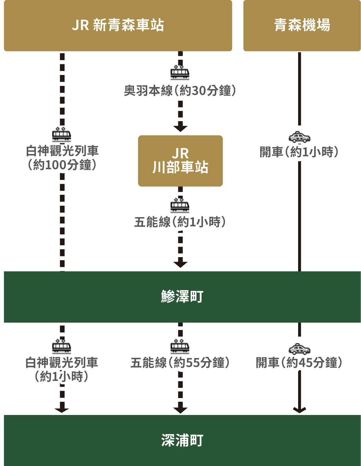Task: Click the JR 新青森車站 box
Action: (118, 26)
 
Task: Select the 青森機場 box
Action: (302, 26)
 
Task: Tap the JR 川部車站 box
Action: (180, 161)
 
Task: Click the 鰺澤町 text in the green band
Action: (182, 296)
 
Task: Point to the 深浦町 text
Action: (182, 440)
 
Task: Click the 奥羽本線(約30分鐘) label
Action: (180, 90)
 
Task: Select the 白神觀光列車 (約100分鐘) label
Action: (62, 158)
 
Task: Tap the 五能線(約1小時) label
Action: (180, 222)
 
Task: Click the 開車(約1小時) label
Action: (299, 152)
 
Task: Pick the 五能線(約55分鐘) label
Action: (180, 363)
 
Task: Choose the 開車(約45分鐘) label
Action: (299, 363)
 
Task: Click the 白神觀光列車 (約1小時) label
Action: (61, 370)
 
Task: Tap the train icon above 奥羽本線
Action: (180, 72)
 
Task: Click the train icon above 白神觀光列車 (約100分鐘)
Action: (61, 134)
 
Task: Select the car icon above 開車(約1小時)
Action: (300, 137)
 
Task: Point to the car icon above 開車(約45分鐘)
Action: (300, 349)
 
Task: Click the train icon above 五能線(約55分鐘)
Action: (180, 346)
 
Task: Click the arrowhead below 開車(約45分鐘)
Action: (300, 410)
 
